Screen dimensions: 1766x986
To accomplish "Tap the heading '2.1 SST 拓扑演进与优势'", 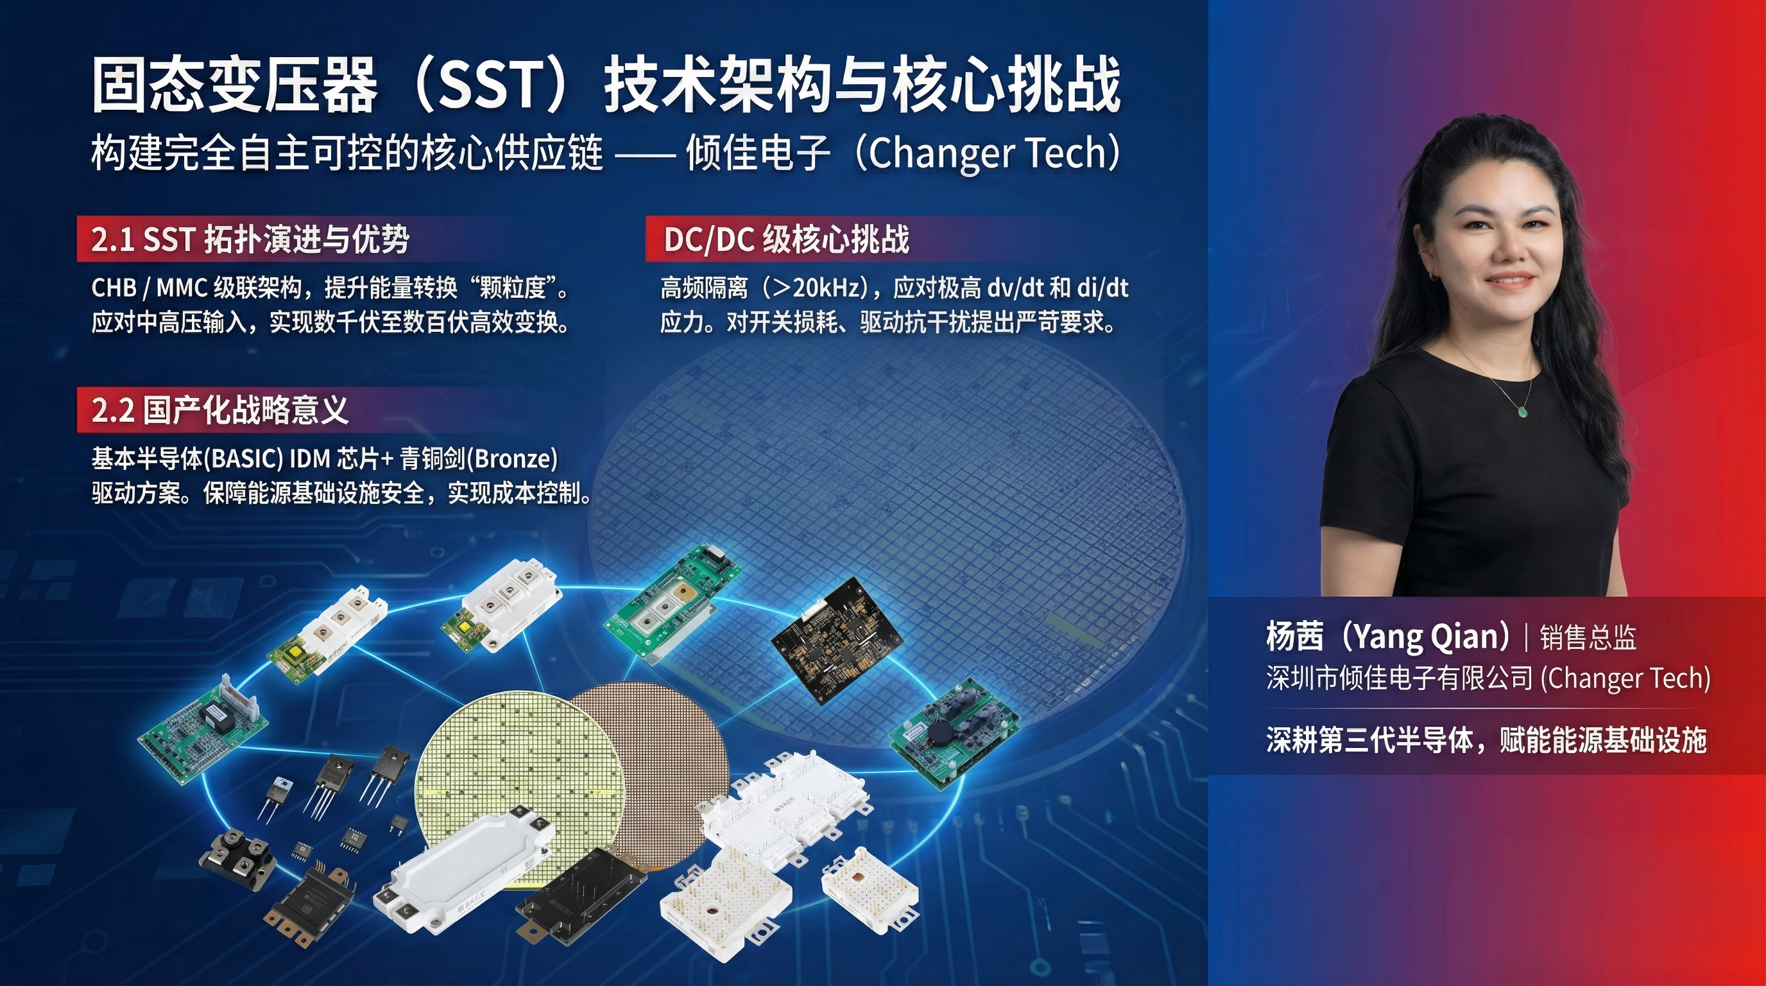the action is pos(250,239).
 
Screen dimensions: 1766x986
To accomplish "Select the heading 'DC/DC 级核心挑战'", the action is pos(786,239).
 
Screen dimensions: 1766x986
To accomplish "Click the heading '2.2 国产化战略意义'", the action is pos(220,410).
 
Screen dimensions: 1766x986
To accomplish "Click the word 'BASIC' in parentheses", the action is pos(243,459).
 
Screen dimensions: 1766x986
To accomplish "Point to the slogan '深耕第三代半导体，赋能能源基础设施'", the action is pos(1486,741).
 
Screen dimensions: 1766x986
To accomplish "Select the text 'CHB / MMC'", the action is pos(150,288).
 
